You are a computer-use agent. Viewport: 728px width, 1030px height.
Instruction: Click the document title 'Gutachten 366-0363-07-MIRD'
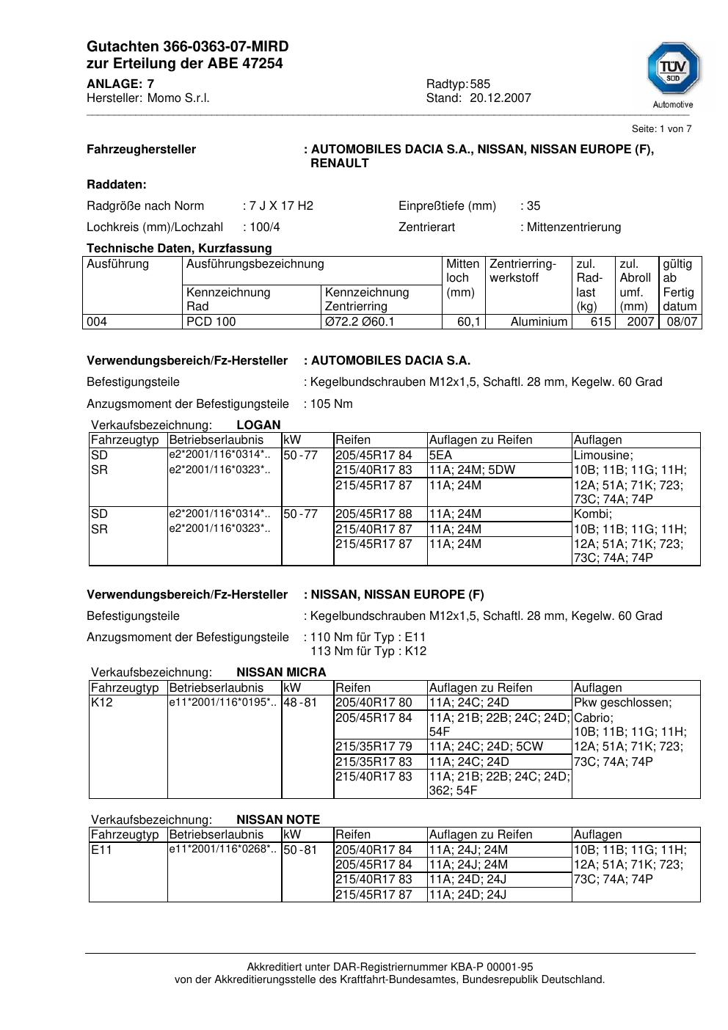(187, 46)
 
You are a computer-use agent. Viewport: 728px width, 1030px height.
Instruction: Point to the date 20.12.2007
(500, 98)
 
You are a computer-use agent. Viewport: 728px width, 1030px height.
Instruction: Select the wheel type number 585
(480, 84)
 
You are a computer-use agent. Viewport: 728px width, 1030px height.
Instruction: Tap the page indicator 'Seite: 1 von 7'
(661, 129)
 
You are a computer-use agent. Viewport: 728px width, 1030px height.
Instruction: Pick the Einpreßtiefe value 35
(534, 206)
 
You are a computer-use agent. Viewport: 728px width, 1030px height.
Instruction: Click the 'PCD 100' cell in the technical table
(211, 322)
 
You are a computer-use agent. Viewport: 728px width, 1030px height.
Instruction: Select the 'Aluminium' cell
(539, 322)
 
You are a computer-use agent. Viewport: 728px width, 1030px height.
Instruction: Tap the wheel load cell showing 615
(600, 322)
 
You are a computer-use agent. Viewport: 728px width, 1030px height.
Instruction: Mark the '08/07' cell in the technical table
(682, 322)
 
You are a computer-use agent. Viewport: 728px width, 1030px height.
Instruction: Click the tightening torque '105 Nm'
(331, 404)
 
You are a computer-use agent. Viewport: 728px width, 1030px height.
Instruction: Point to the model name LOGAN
(258, 425)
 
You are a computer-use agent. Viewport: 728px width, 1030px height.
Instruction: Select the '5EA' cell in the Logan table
(441, 456)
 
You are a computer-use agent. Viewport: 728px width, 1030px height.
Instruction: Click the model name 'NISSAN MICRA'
(281, 673)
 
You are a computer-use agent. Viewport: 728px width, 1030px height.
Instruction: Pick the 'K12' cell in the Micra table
(101, 703)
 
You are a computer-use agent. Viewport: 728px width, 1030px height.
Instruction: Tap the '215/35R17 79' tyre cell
(374, 747)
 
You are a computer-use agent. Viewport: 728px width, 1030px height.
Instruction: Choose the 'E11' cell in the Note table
(101, 850)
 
